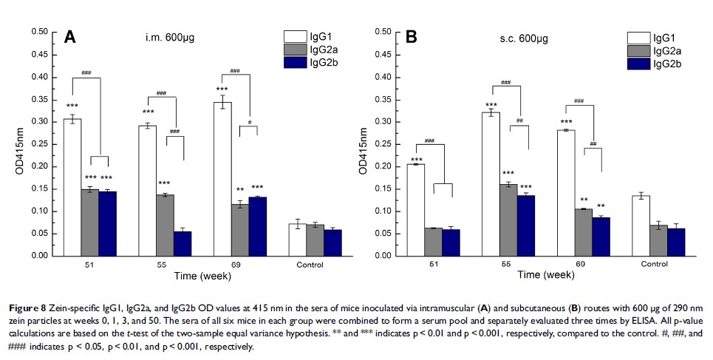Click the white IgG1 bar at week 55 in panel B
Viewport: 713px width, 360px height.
coord(491,184)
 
